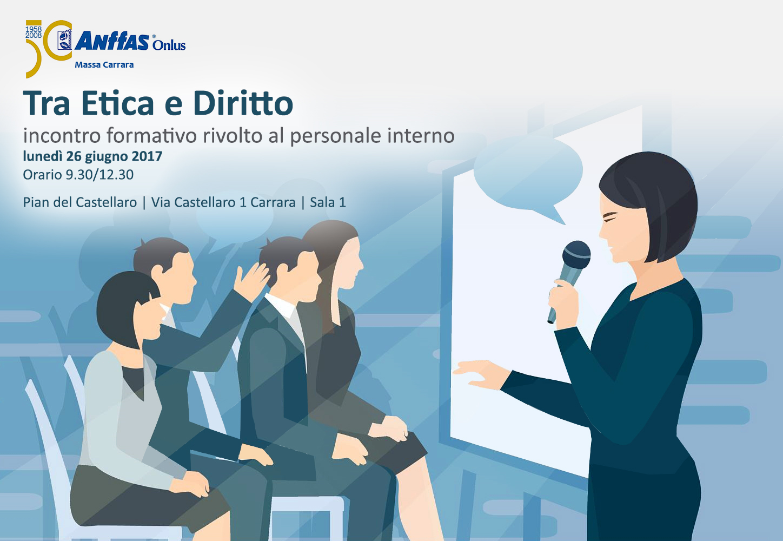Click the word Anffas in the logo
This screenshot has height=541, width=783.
pyautogui.click(x=111, y=41)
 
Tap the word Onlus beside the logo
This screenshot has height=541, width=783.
pyautogui.click(x=169, y=45)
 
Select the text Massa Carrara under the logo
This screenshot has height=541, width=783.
pyautogui.click(x=104, y=65)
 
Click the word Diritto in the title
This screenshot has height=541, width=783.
pyautogui.click(x=243, y=103)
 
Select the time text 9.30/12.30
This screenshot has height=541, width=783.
pyautogui.click(x=99, y=175)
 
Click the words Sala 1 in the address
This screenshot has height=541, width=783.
pyautogui.click(x=328, y=202)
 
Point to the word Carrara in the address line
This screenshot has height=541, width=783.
pyautogui.click(x=273, y=202)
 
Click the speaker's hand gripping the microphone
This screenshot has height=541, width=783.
pyautogui.click(x=563, y=304)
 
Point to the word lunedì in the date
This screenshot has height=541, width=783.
pyautogui.click(x=43, y=156)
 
